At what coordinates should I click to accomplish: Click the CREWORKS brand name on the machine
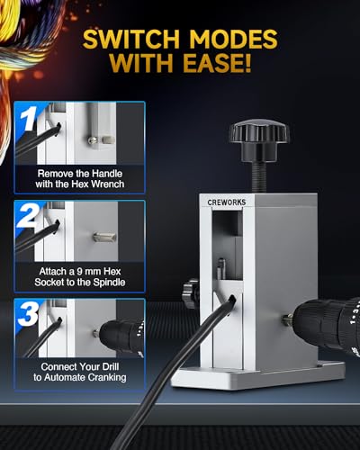click(227, 202)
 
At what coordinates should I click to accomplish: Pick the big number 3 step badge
click(28, 314)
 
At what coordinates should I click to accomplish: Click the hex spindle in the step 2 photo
click(104, 237)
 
